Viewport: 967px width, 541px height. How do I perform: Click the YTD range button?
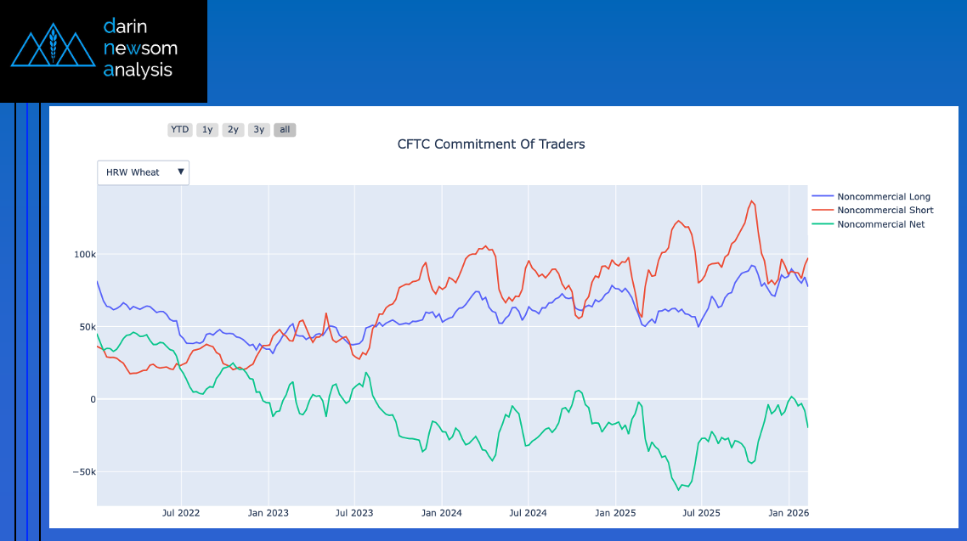(x=179, y=130)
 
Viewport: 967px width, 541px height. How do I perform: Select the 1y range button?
(x=207, y=130)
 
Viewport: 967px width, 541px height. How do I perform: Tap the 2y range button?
(x=233, y=130)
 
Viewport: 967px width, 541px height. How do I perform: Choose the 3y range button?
(x=259, y=130)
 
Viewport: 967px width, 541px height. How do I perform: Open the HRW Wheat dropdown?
(x=143, y=172)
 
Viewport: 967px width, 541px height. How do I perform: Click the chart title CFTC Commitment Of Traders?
(x=491, y=144)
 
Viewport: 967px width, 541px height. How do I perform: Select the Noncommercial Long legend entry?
(x=883, y=197)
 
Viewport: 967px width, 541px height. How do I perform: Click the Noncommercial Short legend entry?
(x=885, y=211)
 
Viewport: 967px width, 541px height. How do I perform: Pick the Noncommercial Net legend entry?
(x=880, y=224)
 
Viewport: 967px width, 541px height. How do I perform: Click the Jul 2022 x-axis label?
(x=180, y=513)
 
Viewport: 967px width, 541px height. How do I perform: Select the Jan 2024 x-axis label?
(x=442, y=513)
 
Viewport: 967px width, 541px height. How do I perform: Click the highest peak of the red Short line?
(x=751, y=201)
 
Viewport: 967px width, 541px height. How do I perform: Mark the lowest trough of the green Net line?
(x=679, y=490)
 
